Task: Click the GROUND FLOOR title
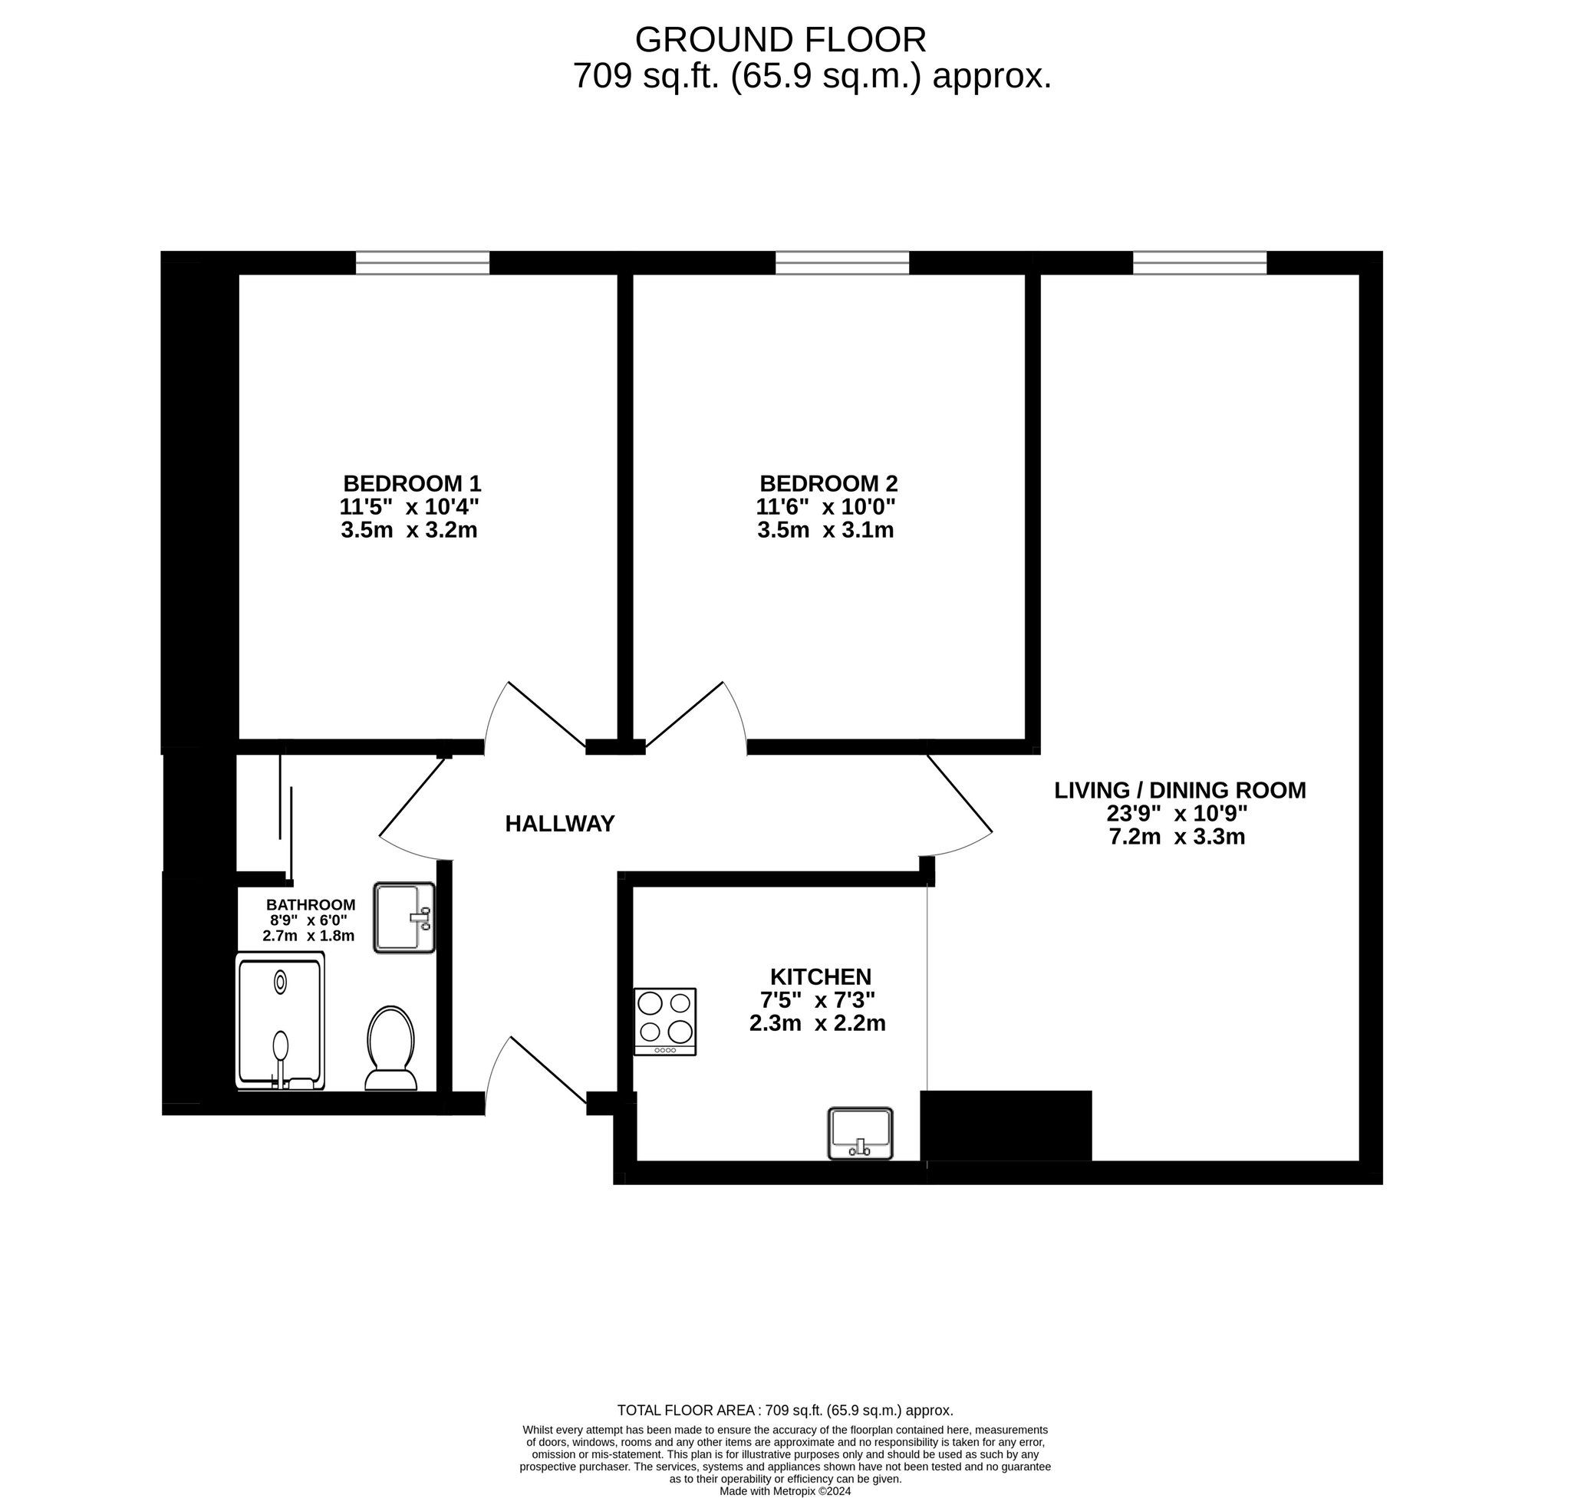[779, 39]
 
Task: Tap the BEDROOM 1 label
[412, 483]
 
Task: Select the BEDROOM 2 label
[828, 483]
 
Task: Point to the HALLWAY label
[560, 823]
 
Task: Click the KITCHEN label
[820, 976]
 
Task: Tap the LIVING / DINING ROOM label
[1180, 790]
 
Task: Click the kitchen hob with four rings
[664, 1021]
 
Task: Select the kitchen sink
[860, 1133]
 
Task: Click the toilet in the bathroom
[390, 1048]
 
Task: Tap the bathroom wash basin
[404, 917]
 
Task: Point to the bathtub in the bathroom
[280, 1020]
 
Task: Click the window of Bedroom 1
[423, 263]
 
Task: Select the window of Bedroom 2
[842, 263]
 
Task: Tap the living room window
[1200, 263]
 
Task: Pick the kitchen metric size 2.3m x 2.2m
[817, 1023]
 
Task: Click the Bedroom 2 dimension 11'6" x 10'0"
[826, 506]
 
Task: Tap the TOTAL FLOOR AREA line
[785, 1410]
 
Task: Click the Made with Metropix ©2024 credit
[785, 1491]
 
